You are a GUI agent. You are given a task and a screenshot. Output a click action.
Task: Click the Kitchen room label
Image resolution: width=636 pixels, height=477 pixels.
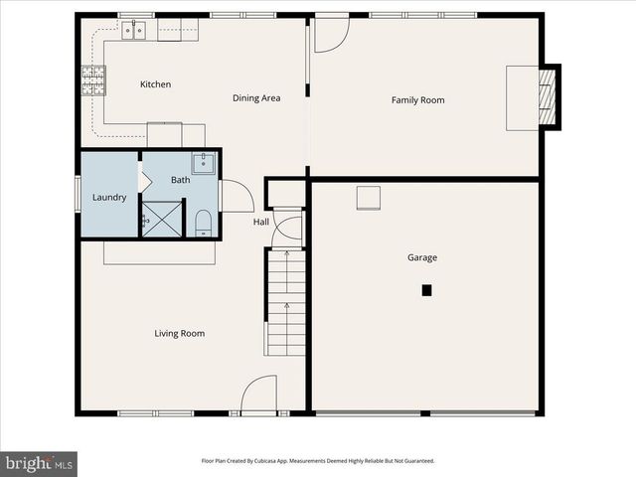(155, 84)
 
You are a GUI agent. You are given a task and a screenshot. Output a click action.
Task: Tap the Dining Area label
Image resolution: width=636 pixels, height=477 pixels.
(256, 97)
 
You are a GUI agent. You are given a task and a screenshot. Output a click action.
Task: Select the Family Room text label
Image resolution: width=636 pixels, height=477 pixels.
(417, 99)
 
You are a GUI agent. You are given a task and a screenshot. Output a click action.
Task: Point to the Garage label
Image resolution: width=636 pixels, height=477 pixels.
(422, 257)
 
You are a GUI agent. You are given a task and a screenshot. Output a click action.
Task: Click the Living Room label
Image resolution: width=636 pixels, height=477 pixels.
(180, 333)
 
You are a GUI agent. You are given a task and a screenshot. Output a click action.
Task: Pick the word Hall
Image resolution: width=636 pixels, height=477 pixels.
(260, 222)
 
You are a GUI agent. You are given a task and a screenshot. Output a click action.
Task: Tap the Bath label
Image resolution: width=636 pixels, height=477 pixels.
(180, 180)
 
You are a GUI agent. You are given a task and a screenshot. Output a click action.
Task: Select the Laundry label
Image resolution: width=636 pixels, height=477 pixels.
(109, 197)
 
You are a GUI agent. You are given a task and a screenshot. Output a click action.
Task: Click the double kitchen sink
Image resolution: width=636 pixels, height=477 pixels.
(133, 31)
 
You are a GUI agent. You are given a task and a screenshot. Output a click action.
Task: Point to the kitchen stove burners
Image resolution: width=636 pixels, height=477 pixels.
(93, 79)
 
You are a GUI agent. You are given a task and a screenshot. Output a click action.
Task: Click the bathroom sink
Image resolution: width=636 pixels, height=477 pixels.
(203, 163)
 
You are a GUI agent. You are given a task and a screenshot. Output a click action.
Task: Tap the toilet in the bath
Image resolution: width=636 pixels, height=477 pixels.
(203, 221)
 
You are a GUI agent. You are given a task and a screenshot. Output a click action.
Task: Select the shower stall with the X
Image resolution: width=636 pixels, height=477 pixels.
(162, 219)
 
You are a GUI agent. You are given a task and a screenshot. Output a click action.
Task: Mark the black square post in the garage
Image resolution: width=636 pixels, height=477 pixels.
(426, 290)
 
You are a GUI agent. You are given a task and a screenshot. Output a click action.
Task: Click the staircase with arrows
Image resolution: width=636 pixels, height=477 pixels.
(285, 303)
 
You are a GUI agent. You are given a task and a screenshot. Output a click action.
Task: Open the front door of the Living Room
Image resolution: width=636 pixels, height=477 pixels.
(258, 396)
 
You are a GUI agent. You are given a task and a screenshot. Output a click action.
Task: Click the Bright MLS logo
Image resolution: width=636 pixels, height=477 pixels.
(40, 463)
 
